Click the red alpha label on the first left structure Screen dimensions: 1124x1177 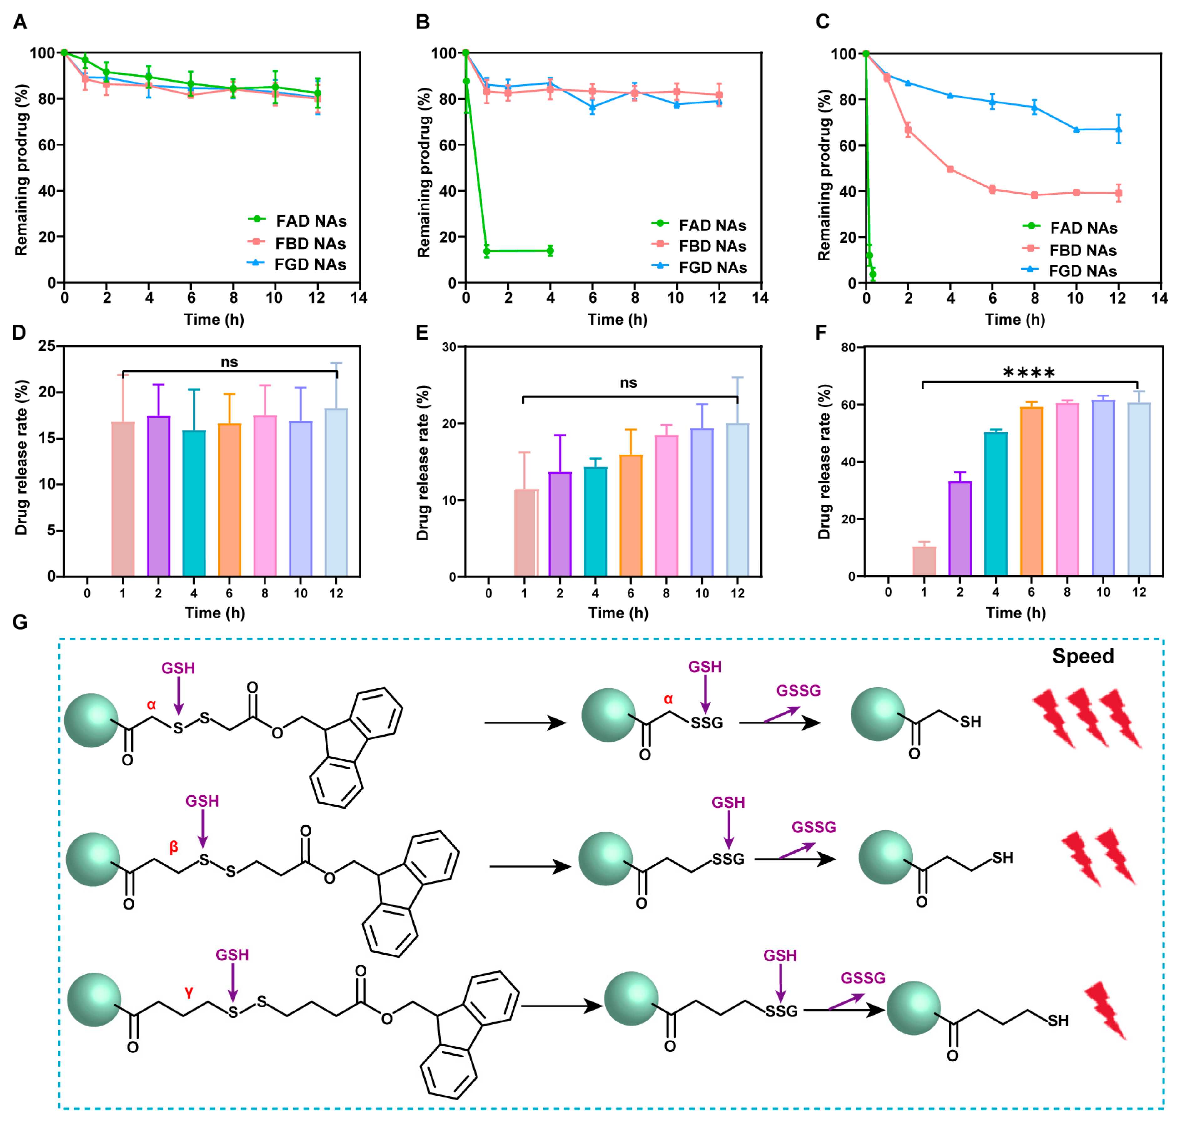(x=151, y=705)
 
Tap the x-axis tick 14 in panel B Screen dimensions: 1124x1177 (x=760, y=298)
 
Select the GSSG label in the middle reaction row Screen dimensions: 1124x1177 (x=813, y=827)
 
